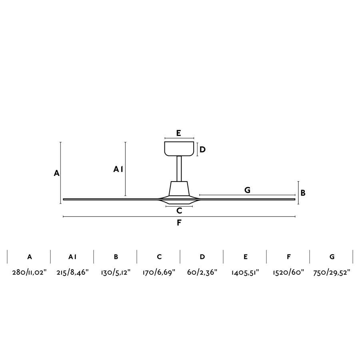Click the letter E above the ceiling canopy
pos(179,133)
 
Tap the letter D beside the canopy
pos(202,150)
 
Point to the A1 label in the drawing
pos(118,170)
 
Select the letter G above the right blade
pos(247,190)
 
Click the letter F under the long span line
pos(179,223)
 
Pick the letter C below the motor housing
pos(179,210)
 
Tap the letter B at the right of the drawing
pos(303,193)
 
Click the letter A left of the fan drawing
pos(56,173)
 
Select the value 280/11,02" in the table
pos(29,272)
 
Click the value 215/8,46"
pos(72,272)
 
